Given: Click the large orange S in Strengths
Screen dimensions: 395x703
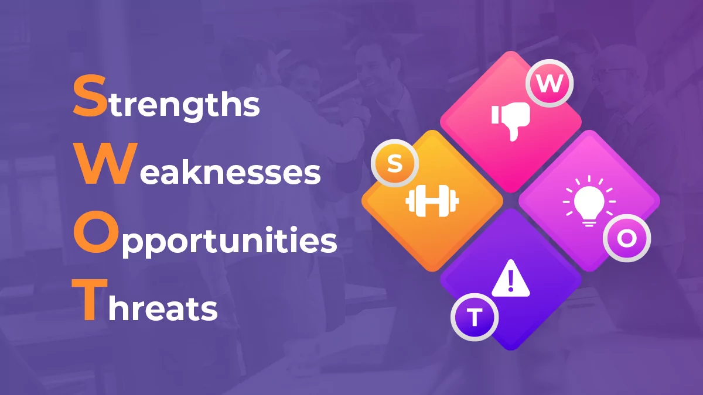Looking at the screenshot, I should click(87, 98).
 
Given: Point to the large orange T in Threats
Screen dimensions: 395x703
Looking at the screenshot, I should click(88, 301).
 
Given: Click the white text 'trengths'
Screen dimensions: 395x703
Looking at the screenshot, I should click(182, 105).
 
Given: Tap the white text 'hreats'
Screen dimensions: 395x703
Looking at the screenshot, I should click(163, 308).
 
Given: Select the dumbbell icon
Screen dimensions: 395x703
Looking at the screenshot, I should click(432, 201).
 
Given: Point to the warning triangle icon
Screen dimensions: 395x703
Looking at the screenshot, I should click(510, 280).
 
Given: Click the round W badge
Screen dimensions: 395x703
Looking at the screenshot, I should click(549, 84).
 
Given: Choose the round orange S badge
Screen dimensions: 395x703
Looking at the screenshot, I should click(395, 164).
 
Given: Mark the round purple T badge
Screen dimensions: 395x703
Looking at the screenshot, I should click(475, 319).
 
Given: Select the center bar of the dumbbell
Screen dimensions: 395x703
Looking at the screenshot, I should click(432, 201).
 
